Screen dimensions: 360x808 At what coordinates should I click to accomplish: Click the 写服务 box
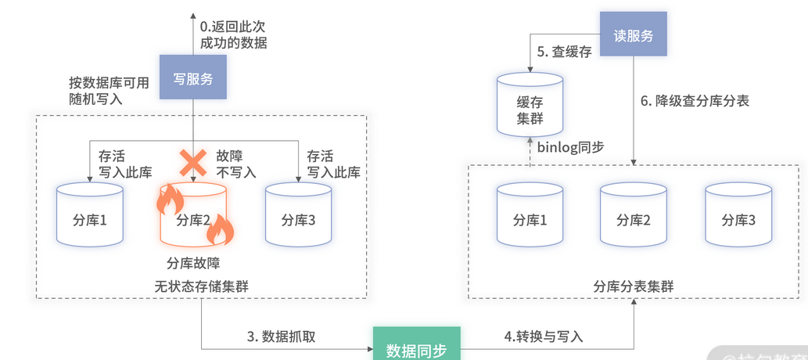[x=192, y=77]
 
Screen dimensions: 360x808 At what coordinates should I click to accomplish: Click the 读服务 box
[x=633, y=34]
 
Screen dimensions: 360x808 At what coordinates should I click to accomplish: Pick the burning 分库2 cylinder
[x=194, y=216]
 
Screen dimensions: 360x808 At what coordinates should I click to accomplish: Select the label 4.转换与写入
[x=543, y=336]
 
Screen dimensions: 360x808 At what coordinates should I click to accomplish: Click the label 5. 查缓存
[x=564, y=52]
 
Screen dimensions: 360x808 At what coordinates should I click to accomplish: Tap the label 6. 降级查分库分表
[x=695, y=101]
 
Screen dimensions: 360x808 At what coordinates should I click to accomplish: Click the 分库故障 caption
[x=194, y=261]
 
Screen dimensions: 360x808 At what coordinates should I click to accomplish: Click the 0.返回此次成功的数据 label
[x=233, y=36]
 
